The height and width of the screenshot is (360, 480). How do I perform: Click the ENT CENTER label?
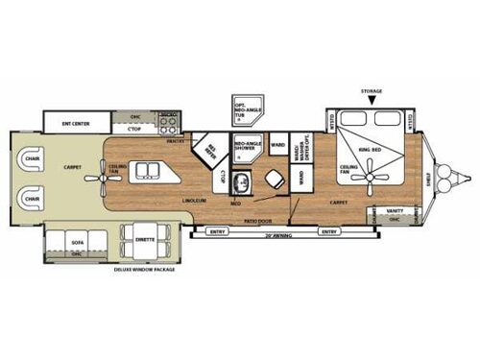point(75,123)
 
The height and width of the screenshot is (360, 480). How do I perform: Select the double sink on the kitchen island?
point(148,171)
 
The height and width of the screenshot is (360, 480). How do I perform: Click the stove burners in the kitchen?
point(170,122)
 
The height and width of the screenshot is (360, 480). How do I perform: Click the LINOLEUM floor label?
point(196,200)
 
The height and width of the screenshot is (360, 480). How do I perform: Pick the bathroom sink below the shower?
point(243,179)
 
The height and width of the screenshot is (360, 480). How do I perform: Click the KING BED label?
point(371,151)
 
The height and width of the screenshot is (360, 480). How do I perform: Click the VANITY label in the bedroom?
point(395,210)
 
